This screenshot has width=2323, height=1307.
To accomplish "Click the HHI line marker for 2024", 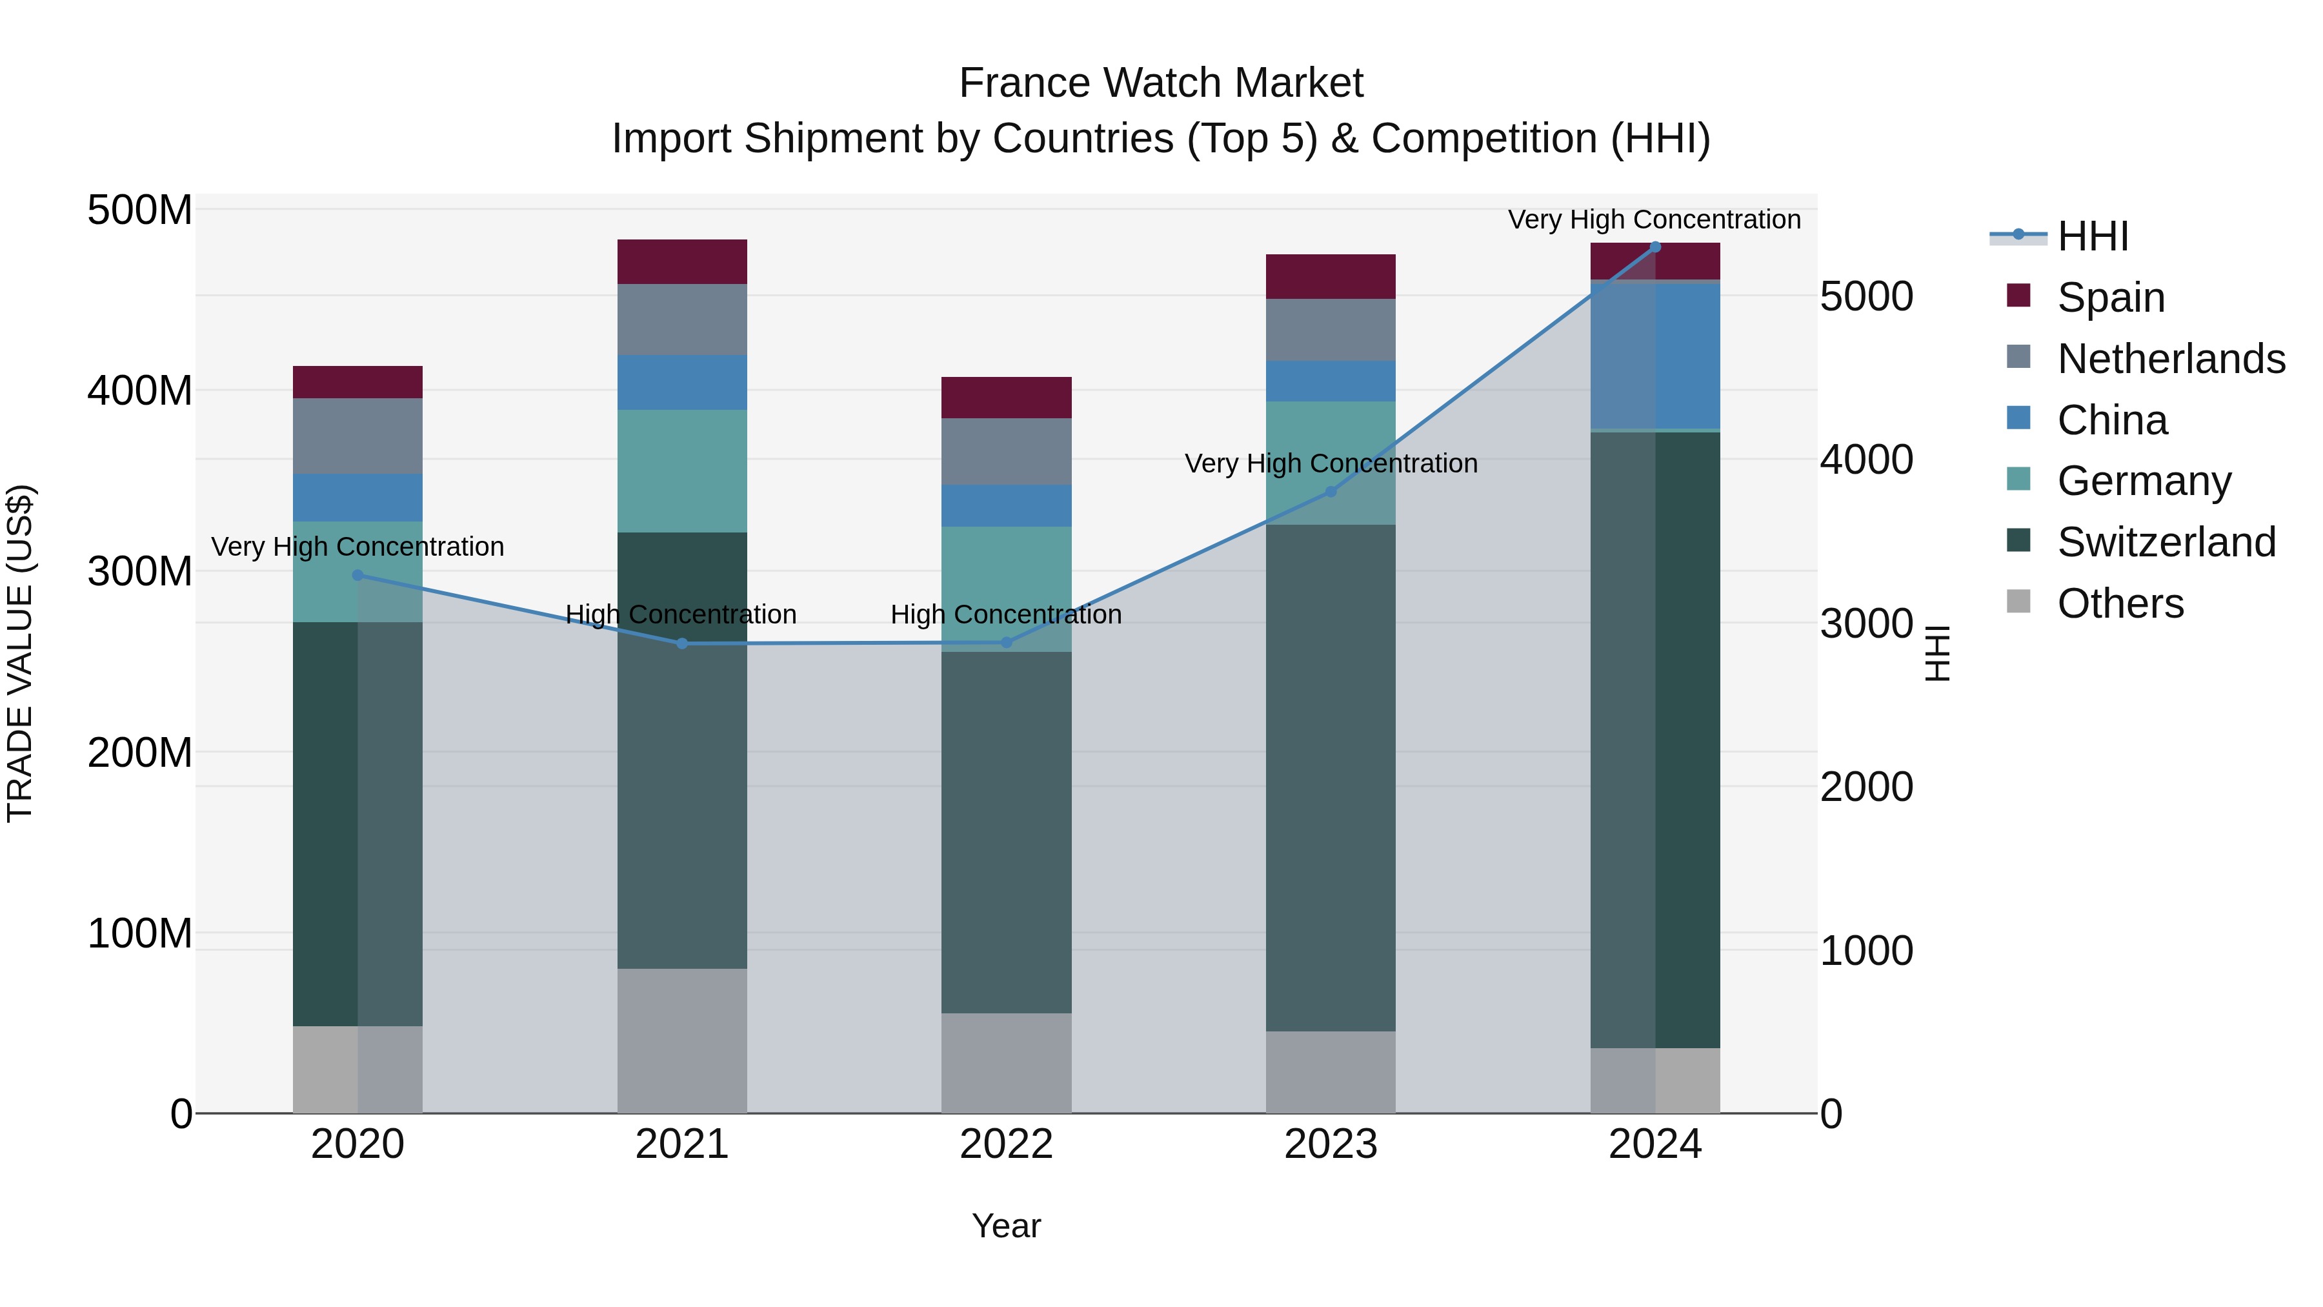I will (x=1654, y=247).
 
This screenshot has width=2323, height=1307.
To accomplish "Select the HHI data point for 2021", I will (x=682, y=643).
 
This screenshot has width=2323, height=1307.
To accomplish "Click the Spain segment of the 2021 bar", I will (x=682, y=261).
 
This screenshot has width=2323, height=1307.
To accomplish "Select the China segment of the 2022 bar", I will (x=1007, y=505).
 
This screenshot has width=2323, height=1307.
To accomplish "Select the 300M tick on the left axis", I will (x=140, y=571).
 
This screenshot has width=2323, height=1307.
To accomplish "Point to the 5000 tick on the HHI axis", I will (x=1865, y=297).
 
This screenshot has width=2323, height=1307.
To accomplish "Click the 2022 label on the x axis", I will (x=1007, y=1144).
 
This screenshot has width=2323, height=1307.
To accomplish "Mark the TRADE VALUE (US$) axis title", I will (x=20, y=653).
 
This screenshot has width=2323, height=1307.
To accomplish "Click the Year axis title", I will (x=1007, y=1226).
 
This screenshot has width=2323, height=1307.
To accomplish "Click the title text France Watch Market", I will (x=1161, y=83).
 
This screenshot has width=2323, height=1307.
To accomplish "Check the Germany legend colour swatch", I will (x=2018, y=480).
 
